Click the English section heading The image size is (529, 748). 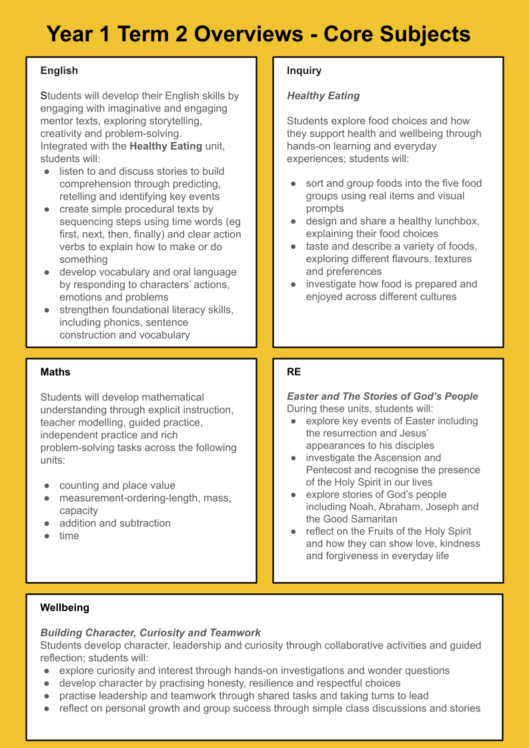pos(59,71)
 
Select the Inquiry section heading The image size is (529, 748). pos(304,71)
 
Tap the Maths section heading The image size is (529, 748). pos(55,372)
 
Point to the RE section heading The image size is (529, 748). pos(294,372)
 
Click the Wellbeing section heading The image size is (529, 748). pos(65,607)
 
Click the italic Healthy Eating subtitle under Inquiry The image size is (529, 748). pos(323,96)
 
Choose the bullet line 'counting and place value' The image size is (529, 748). pos(117,485)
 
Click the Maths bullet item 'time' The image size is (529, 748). pos(69,536)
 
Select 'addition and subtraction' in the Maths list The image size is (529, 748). pos(115,523)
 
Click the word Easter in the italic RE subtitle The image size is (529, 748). pos(304,396)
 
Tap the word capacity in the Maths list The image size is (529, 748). pos(79,510)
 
